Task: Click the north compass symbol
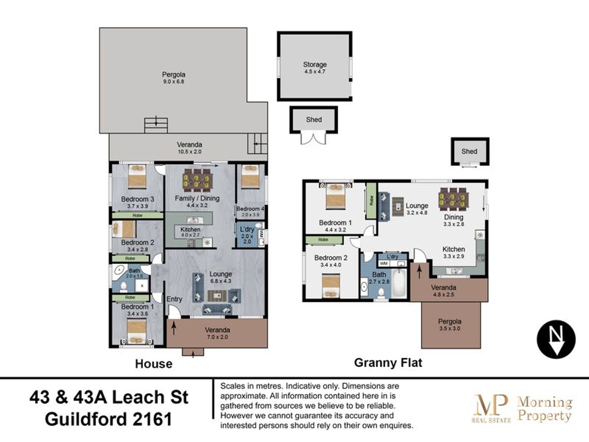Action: (556, 339)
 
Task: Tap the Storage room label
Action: (315, 67)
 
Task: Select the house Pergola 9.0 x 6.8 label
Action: (173, 78)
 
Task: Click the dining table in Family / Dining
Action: (197, 179)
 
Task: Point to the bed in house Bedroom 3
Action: (137, 177)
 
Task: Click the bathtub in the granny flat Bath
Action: (399, 283)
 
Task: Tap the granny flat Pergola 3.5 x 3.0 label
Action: (449, 325)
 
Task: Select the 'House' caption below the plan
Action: (153, 364)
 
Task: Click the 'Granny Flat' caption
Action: (388, 363)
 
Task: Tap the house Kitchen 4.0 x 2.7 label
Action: (190, 232)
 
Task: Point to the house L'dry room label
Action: (247, 235)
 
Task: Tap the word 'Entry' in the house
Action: (174, 299)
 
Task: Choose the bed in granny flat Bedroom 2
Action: (331, 286)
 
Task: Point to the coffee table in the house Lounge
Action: (217, 296)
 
